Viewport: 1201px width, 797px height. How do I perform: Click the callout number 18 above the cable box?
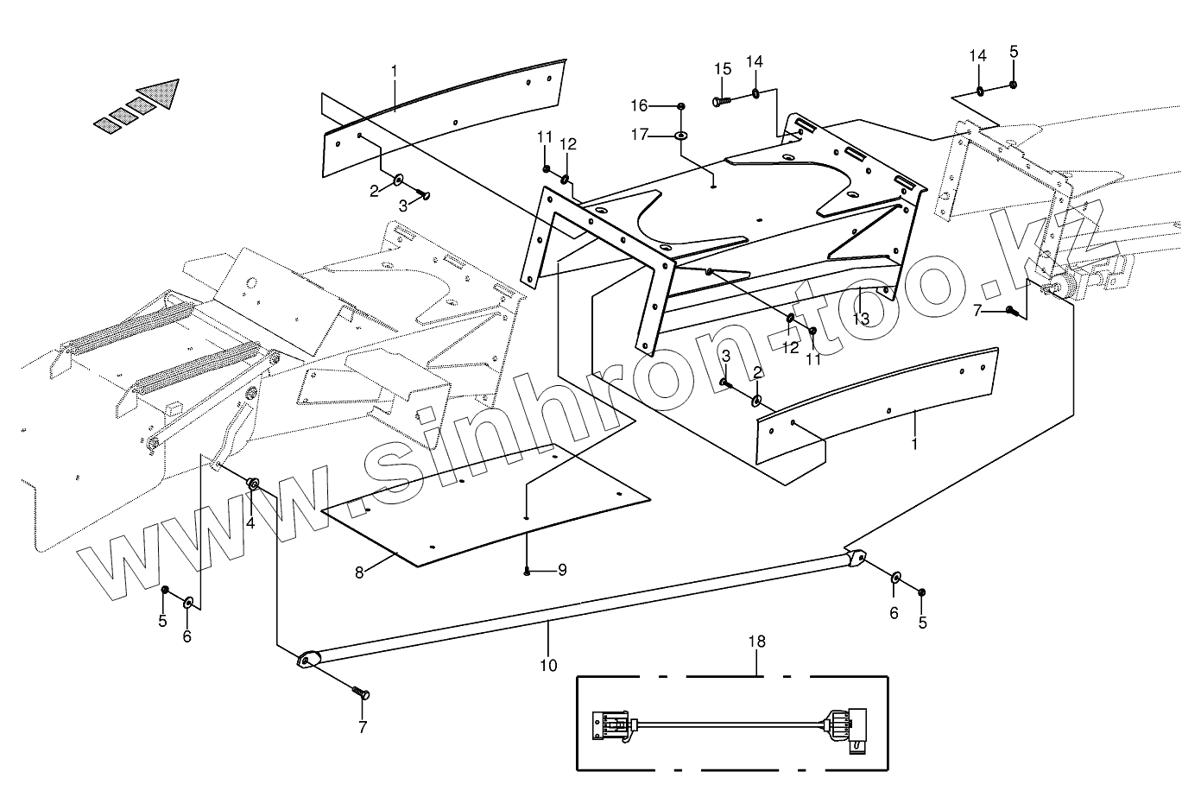(757, 642)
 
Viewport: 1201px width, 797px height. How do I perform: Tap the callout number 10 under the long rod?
(548, 666)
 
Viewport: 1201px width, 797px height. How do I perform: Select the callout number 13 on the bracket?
(861, 319)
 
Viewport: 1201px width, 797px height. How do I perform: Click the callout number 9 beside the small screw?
(561, 570)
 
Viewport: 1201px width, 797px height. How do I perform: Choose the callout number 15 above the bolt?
(723, 69)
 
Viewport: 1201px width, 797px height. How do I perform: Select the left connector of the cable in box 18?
(611, 724)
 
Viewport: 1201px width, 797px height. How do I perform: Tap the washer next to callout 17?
(682, 136)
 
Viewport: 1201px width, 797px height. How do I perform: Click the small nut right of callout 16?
(681, 106)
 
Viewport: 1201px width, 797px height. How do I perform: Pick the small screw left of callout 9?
(526, 571)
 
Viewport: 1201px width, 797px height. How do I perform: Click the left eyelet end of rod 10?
(305, 661)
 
